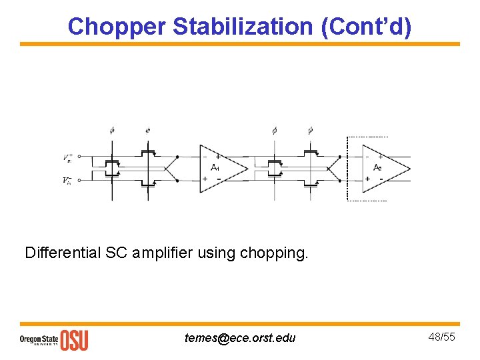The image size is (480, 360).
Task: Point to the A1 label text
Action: pyautogui.click(x=215, y=167)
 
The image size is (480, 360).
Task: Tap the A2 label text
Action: pyautogui.click(x=377, y=167)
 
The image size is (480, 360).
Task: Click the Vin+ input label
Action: pyautogui.click(x=67, y=158)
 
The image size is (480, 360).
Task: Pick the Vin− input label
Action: pyautogui.click(x=67, y=180)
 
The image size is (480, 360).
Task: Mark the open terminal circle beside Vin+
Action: pyautogui.click(x=79, y=157)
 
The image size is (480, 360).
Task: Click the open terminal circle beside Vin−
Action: pyautogui.click(x=79, y=179)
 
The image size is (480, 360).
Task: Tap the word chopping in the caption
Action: pyautogui.click(x=275, y=253)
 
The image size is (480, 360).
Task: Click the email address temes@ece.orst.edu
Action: pyautogui.click(x=240, y=338)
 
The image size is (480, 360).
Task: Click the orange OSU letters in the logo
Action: pyautogui.click(x=74, y=339)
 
